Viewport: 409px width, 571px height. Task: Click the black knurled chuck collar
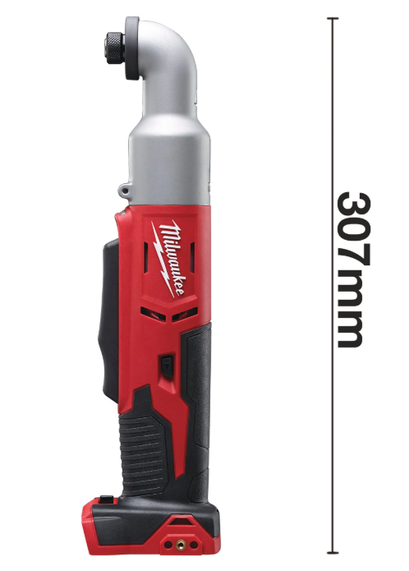(x=115, y=48)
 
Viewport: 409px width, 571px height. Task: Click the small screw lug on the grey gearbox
(x=125, y=191)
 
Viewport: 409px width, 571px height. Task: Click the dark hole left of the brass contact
(x=168, y=545)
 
